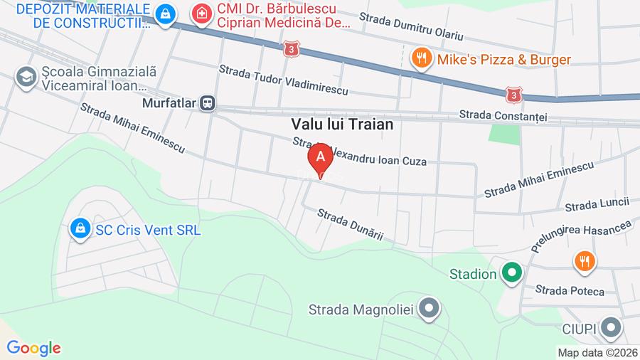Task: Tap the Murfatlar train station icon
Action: click(x=208, y=103)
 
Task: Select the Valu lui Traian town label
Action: click(x=342, y=124)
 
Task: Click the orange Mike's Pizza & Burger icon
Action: click(x=422, y=58)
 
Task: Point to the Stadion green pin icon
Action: click(x=511, y=272)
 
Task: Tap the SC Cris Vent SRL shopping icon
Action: click(x=80, y=229)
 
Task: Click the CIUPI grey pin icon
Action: click(x=610, y=328)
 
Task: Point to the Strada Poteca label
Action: click(x=569, y=290)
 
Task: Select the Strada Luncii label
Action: click(x=597, y=205)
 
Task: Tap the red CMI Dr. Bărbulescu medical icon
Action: click(x=203, y=14)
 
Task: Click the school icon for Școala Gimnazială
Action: click(x=26, y=78)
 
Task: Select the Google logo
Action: click(x=33, y=348)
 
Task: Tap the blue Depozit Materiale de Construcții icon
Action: click(x=165, y=14)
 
